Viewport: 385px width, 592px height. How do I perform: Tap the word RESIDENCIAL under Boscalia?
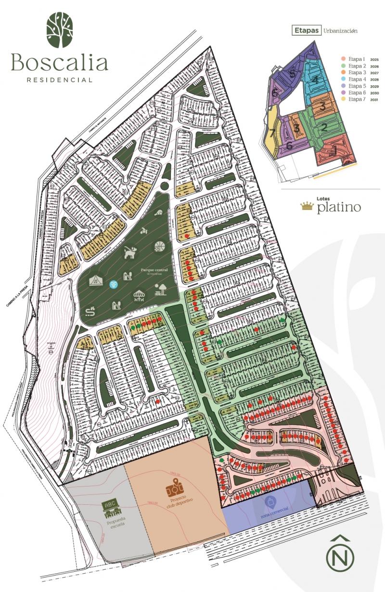(59, 80)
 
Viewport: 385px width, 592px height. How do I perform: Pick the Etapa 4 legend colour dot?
(344, 79)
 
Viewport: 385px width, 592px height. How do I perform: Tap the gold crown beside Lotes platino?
(307, 207)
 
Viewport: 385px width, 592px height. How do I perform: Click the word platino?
(339, 208)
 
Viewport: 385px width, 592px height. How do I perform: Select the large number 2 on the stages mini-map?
(324, 127)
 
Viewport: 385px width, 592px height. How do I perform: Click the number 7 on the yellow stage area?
(272, 133)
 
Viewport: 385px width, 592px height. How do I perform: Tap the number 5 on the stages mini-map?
(292, 74)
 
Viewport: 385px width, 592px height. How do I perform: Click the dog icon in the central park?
(129, 252)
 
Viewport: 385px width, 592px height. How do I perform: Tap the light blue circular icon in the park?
(113, 284)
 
